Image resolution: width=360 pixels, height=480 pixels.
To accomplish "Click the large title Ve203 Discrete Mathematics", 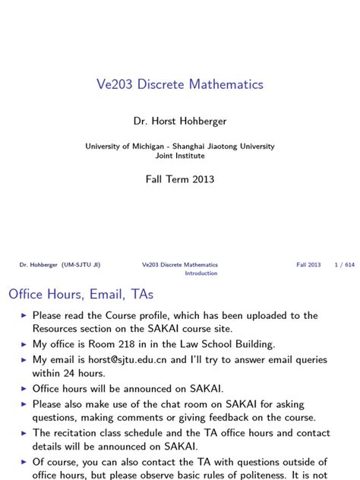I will coord(180,84).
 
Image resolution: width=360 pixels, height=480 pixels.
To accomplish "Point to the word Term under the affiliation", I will coord(180,180).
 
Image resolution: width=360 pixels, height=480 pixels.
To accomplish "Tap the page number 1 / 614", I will coord(344,265).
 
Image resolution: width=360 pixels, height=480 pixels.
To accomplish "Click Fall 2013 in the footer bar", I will coord(308,265).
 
